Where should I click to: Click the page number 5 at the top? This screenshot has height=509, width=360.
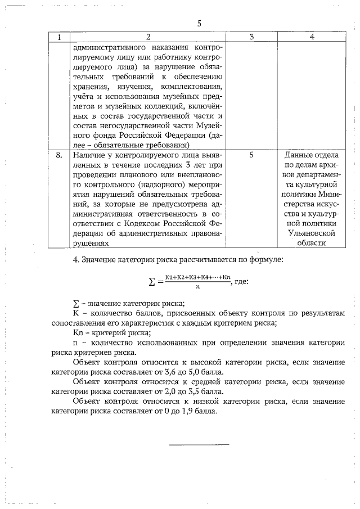coord(199,24)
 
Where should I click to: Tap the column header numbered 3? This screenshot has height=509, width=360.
coord(251,37)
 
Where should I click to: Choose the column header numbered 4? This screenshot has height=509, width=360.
coord(311,37)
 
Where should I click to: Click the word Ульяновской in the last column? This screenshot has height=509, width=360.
coord(311,233)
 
